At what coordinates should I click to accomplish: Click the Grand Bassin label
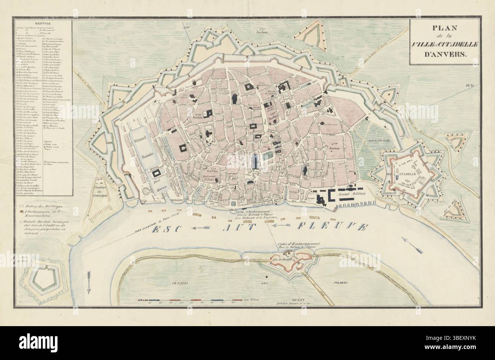coord(140,143)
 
